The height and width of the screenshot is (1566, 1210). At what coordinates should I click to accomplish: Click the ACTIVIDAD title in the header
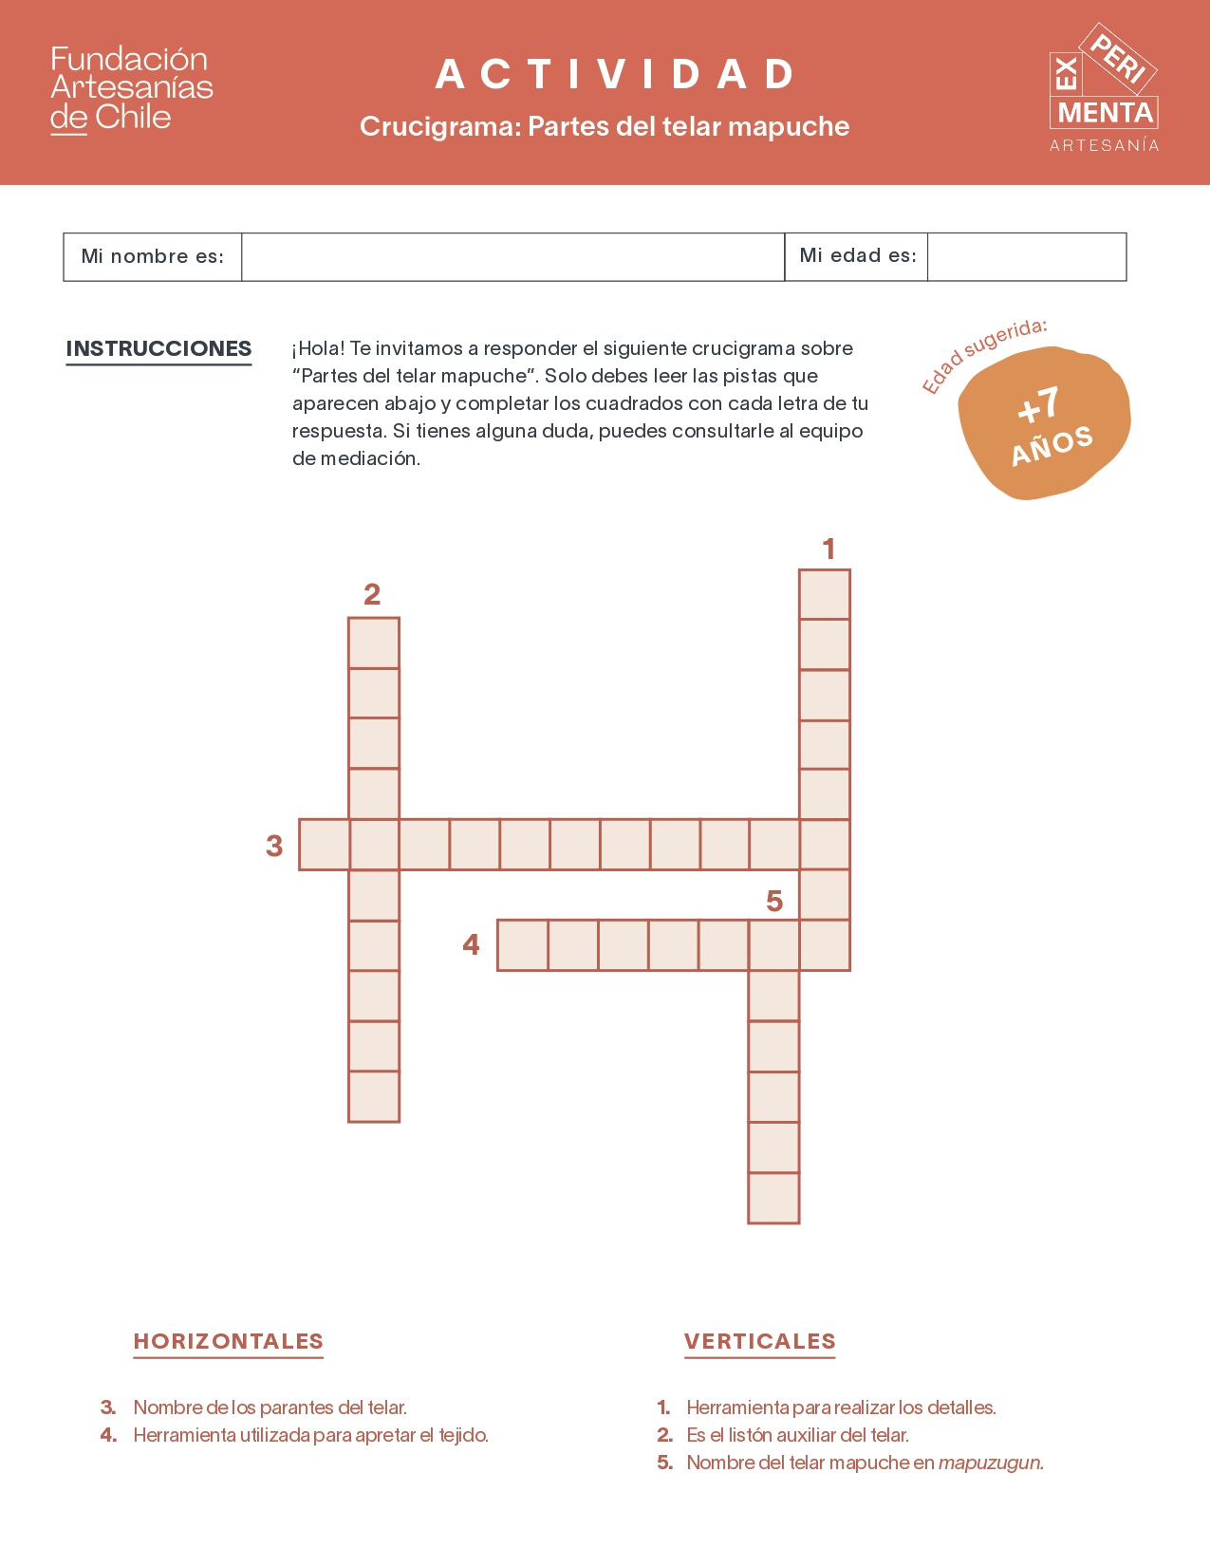[616, 75]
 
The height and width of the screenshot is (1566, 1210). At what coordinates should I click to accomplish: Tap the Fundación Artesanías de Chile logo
[131, 89]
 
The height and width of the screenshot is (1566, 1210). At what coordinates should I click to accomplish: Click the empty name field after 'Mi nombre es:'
[512, 257]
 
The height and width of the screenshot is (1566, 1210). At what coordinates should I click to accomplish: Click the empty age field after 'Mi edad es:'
[1026, 257]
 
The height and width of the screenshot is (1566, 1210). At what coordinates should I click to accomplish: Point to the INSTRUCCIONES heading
[158, 348]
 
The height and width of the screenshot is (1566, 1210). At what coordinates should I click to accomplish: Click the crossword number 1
[828, 549]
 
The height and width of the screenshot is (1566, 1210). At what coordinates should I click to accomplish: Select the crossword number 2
[372, 594]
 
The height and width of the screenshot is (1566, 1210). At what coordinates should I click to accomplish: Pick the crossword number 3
[274, 845]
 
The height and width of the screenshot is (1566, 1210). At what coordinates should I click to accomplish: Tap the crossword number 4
[471, 944]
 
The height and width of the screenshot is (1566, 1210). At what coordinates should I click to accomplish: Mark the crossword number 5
[774, 901]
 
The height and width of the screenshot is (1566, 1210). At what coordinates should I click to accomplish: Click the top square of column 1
[825, 594]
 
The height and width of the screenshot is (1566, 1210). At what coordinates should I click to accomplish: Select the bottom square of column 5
[773, 1198]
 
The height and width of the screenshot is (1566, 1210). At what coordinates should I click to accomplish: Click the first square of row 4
[522, 944]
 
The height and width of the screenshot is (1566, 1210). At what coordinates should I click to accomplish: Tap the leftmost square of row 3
[325, 845]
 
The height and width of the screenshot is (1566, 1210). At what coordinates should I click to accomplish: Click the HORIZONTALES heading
[229, 1341]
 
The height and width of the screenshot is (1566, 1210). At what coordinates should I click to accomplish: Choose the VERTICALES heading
[760, 1341]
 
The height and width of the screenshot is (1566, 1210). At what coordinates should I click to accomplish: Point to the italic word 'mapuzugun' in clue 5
[991, 1463]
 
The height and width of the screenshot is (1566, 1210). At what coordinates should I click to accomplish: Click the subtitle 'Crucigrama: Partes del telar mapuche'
[605, 126]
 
